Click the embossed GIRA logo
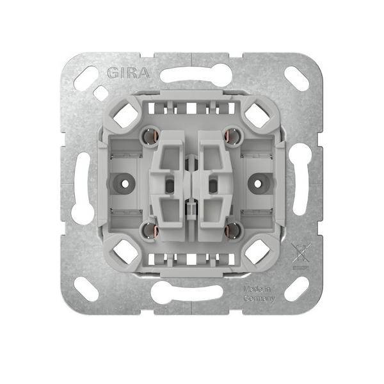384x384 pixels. [x=129, y=73]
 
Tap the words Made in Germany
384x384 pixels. [x=259, y=294]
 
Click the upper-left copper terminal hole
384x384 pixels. [x=149, y=136]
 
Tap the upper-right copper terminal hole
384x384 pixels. [x=233, y=136]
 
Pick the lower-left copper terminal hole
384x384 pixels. [x=149, y=230]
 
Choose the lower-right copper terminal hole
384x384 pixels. [x=233, y=230]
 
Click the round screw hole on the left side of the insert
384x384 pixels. [x=125, y=184]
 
